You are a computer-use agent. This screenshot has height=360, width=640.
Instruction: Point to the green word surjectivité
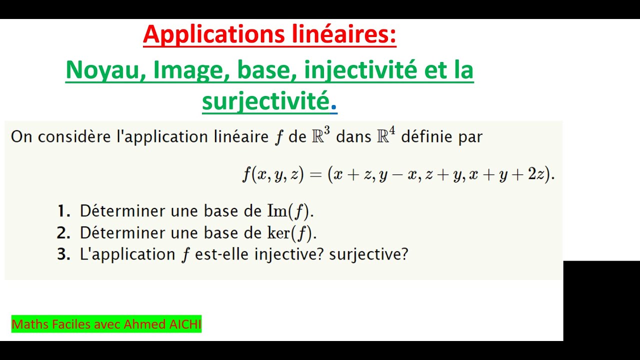click(265, 101)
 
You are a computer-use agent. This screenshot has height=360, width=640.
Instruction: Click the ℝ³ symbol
click(320, 136)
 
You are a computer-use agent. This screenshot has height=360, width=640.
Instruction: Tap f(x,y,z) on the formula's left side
click(273, 174)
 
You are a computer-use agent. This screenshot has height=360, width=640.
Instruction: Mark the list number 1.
click(63, 211)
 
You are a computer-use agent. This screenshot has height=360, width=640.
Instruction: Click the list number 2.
click(63, 233)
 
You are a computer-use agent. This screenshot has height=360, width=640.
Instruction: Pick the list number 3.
click(63, 254)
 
